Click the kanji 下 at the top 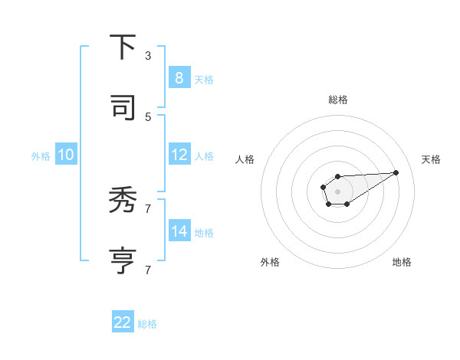(x=123, y=47)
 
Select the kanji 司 (x=123, y=108)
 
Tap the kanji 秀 (x=123, y=201)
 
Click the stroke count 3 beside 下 (x=148, y=56)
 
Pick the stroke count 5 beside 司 (x=148, y=116)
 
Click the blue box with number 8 (x=179, y=78)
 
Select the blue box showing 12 (x=179, y=155)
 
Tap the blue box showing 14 (x=179, y=231)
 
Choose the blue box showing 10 (x=65, y=155)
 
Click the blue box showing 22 (x=123, y=322)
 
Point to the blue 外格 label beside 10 (x=41, y=156)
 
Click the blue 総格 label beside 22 (x=147, y=324)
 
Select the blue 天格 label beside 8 (x=204, y=80)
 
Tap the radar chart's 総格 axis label (x=338, y=100)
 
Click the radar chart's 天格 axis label (x=432, y=159)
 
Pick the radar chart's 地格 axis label (x=402, y=262)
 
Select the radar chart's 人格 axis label (x=245, y=159)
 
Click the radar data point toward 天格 (x=396, y=172)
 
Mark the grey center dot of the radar (x=337, y=190)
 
